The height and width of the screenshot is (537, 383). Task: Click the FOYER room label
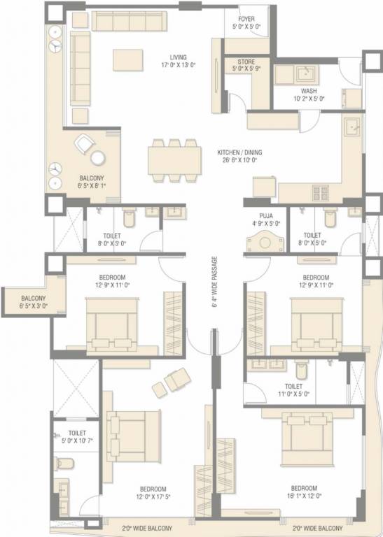point(246,20)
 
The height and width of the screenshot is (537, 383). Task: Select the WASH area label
point(309,91)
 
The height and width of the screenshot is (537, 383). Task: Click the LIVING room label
point(178,57)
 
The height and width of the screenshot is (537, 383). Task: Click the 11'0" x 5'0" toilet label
point(293,385)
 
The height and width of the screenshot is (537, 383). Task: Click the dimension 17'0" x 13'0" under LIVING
point(178,66)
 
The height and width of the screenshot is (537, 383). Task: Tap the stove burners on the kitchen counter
point(320,192)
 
